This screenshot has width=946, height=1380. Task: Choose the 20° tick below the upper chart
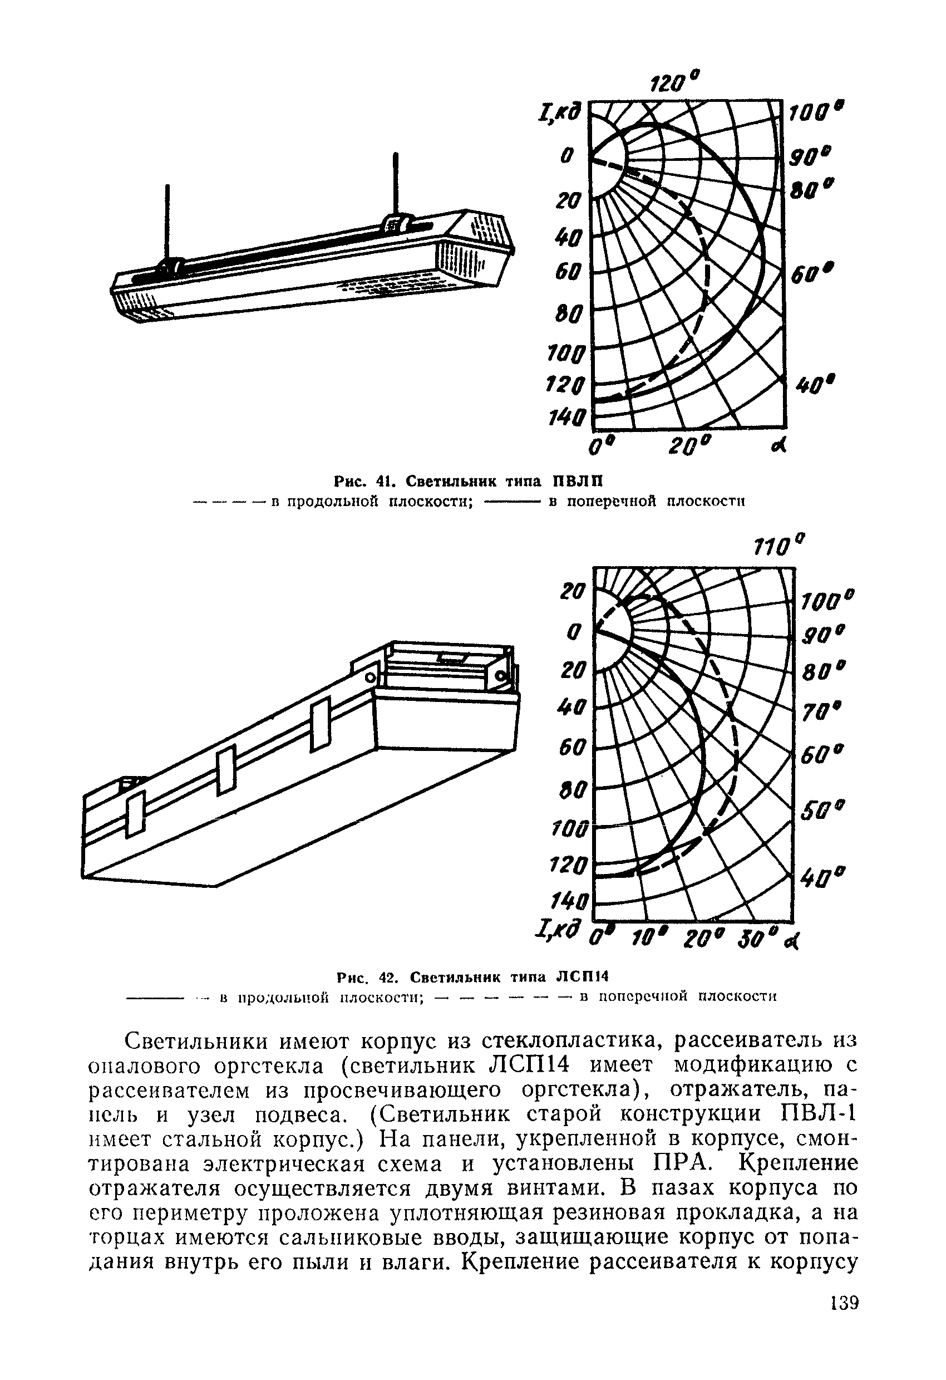click(687, 445)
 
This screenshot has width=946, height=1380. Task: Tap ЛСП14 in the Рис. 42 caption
click(582, 977)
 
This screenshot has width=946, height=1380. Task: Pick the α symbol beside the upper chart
click(778, 444)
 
